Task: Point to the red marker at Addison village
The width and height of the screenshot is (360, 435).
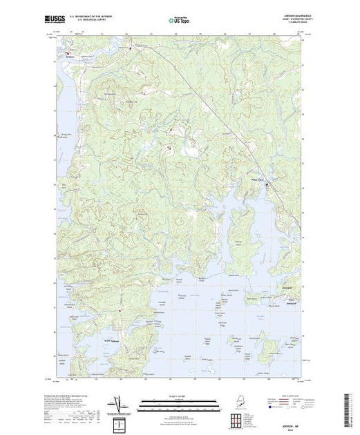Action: click(x=67, y=53)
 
